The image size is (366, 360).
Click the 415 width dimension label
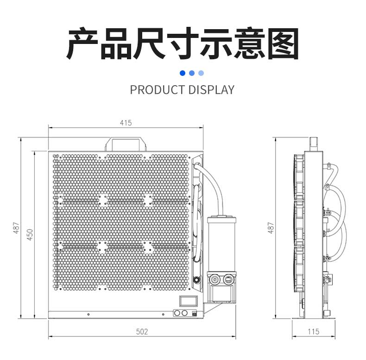(126, 123)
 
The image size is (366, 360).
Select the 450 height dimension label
(30, 234)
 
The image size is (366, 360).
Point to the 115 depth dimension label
(313, 331)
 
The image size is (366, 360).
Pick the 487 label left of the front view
(16, 228)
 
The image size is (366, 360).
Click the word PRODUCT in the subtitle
(157, 90)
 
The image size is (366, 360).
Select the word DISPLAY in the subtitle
(211, 90)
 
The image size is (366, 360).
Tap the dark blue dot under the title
(182, 73)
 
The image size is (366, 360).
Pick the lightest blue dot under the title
(201, 73)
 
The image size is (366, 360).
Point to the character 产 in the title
(83, 44)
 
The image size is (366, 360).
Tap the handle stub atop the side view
(314, 143)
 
